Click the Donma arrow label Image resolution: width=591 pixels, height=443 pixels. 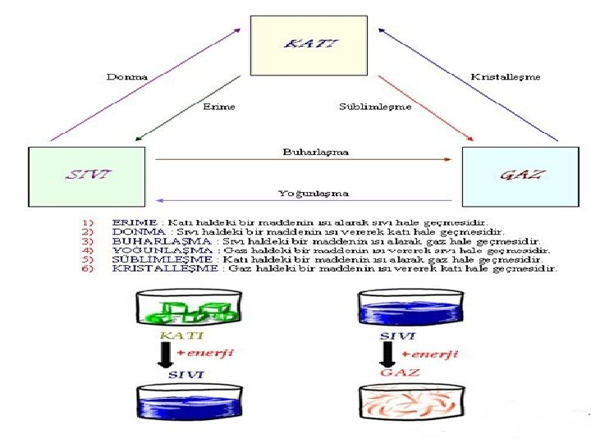pyautogui.click(x=127, y=76)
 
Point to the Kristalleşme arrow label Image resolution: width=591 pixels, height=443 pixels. pyautogui.click(x=506, y=76)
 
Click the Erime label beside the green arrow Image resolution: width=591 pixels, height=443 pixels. pyautogui.click(x=219, y=107)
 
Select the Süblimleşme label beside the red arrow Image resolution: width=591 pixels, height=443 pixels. pyautogui.click(x=376, y=107)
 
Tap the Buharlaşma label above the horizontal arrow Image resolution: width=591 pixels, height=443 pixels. pyautogui.click(x=315, y=152)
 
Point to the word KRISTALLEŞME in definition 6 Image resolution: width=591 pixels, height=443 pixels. pyautogui.click(x=154, y=268)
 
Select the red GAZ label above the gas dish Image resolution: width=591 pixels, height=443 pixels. pyautogui.click(x=399, y=372)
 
